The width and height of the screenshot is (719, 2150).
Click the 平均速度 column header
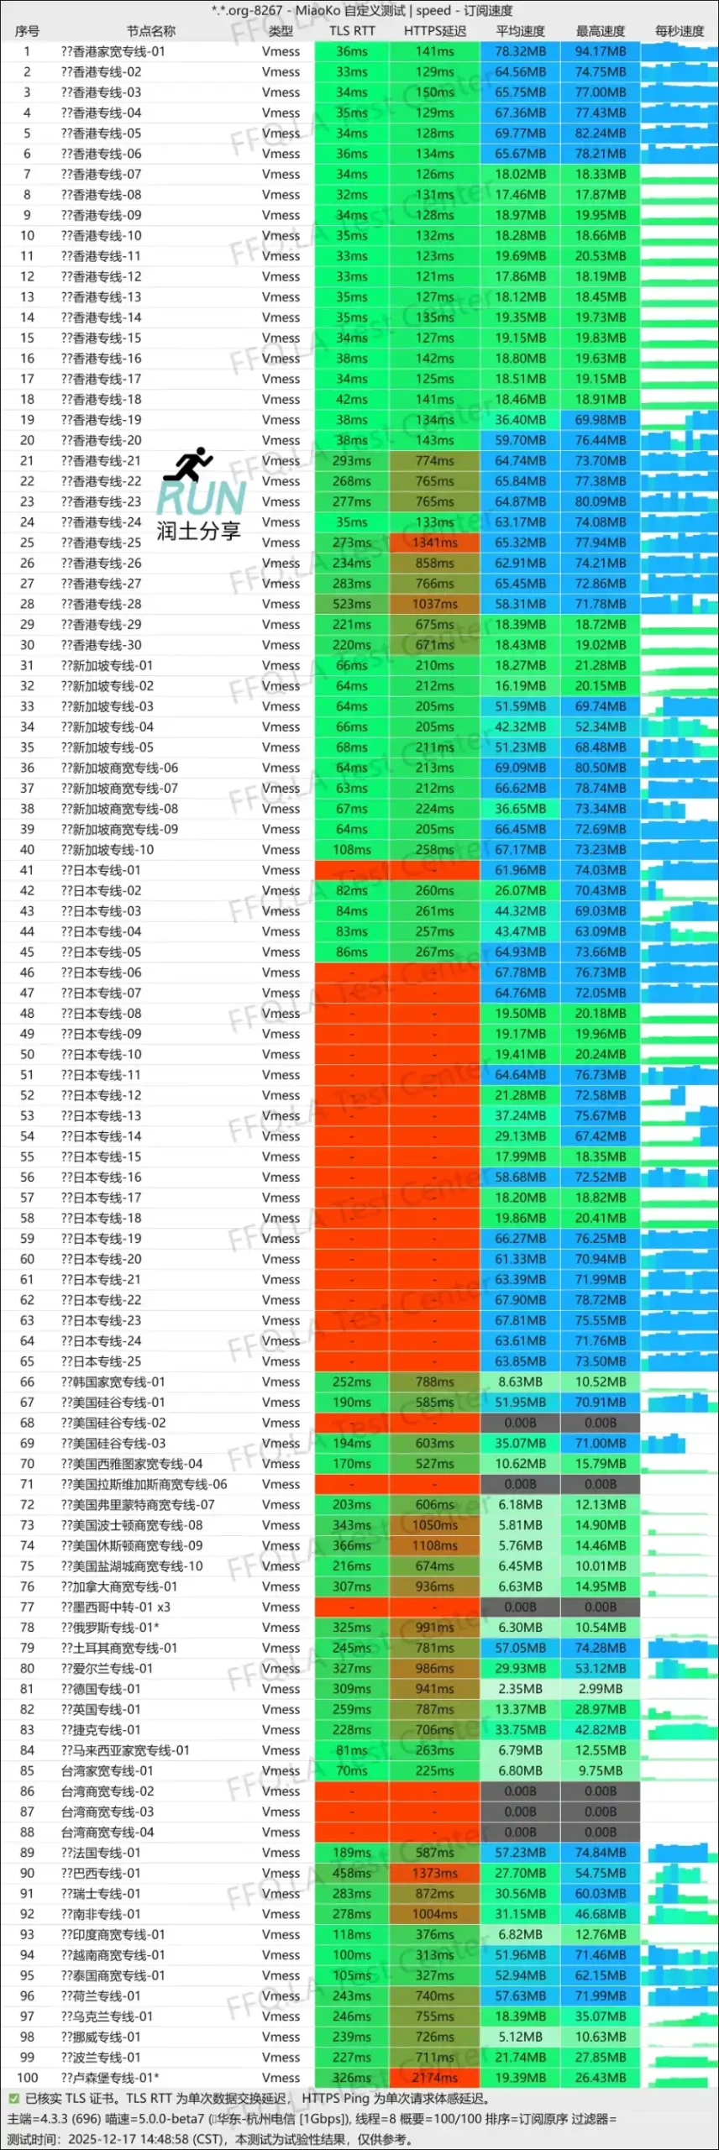(x=520, y=31)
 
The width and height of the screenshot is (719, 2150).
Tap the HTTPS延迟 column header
(x=434, y=31)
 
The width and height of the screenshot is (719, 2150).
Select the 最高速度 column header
(x=601, y=31)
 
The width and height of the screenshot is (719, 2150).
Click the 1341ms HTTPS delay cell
(x=434, y=543)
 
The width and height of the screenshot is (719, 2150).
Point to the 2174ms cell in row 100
(x=434, y=2078)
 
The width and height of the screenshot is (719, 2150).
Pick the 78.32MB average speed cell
(x=520, y=51)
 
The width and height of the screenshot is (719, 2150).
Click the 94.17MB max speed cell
(x=601, y=51)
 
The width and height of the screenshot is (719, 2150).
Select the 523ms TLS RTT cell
(x=351, y=604)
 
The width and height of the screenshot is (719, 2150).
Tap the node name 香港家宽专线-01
(x=113, y=51)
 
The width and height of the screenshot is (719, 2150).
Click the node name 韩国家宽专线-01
(x=113, y=1382)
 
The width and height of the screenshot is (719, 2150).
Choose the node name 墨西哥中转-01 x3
(x=115, y=1607)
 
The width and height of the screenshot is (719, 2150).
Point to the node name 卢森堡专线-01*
(x=109, y=2078)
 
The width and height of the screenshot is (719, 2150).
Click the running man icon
(x=189, y=464)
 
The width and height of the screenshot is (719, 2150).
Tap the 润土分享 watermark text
(x=198, y=531)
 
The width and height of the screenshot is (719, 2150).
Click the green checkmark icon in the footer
(x=13, y=2099)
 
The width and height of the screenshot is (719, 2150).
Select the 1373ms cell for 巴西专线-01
(x=434, y=1873)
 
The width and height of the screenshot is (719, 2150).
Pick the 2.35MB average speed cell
(x=520, y=1689)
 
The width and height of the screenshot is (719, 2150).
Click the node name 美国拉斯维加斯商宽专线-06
(x=144, y=1484)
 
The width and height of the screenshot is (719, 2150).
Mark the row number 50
(x=27, y=1054)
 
